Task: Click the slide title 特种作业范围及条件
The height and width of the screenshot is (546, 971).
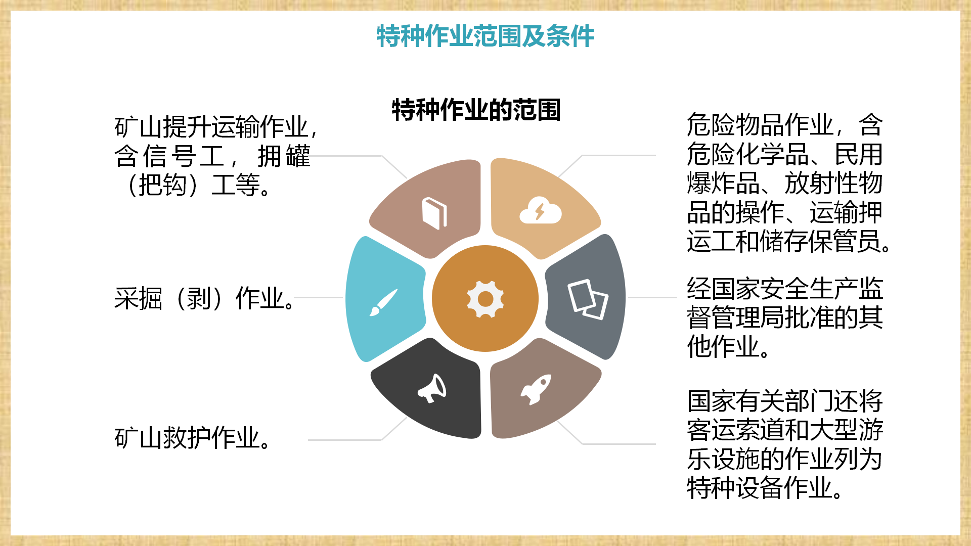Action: pos(485,36)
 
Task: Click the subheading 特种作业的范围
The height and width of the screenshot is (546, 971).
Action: pos(476,110)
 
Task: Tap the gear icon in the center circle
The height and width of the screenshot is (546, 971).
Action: pos(485,299)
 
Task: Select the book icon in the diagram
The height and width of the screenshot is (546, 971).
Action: pos(434,213)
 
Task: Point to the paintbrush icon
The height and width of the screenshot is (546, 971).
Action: pos(383,302)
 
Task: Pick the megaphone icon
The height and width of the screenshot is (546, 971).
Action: pos(432,388)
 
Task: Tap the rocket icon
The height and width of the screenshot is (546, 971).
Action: pos(536,389)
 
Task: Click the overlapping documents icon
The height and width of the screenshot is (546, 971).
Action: pos(588,299)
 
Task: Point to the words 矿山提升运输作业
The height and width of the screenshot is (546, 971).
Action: pos(211,126)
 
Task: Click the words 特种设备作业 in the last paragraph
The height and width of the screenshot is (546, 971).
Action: pos(760,488)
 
